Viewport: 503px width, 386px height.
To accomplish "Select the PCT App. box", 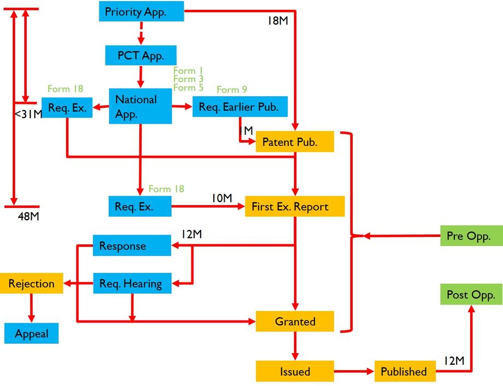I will [x=141, y=55].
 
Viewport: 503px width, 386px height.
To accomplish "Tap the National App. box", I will [x=141, y=106].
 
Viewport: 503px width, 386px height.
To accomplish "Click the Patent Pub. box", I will [x=294, y=142].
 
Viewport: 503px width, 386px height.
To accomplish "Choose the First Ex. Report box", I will [x=295, y=207].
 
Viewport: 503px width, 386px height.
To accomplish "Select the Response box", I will [x=132, y=245].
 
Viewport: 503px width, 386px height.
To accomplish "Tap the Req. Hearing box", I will [x=132, y=283].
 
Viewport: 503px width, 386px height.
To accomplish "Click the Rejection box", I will [x=32, y=284].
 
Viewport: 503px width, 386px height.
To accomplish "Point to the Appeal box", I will [x=32, y=334].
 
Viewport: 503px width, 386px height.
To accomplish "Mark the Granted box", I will [x=295, y=321].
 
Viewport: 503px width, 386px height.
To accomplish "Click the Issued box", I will [x=295, y=371].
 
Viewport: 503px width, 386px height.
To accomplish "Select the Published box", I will [x=405, y=371].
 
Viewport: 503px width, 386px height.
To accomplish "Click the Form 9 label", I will [x=232, y=90].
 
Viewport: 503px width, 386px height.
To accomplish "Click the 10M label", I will [x=223, y=197].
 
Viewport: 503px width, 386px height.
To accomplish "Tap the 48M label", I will [x=28, y=217].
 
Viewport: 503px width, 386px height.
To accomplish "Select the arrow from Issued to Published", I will [x=354, y=371].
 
